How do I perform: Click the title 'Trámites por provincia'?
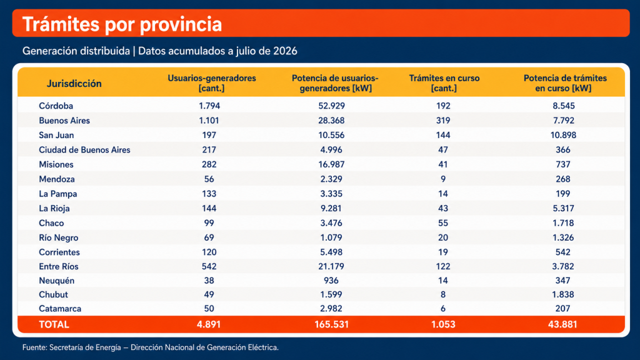(x=122, y=24)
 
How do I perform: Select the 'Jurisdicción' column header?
(x=74, y=83)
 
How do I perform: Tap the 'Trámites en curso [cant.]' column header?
(x=444, y=83)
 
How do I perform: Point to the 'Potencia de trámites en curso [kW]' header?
(x=565, y=83)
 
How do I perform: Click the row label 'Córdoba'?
(x=56, y=106)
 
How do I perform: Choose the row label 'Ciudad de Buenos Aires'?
(x=84, y=150)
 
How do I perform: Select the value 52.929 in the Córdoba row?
(x=331, y=106)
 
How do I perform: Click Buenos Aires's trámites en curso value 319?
(x=443, y=121)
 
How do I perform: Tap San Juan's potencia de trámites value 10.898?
(x=563, y=135)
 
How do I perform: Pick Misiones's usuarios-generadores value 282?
(x=209, y=164)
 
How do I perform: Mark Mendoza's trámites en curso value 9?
(x=443, y=179)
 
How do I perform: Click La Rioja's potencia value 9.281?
(x=331, y=209)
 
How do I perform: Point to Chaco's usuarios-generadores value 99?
(x=209, y=223)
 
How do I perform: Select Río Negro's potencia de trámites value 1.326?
(x=563, y=237)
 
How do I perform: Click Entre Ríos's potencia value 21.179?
(x=331, y=266)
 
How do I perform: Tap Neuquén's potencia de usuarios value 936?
(x=331, y=281)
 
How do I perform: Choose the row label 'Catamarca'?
(x=60, y=309)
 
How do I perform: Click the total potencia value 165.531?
(x=331, y=324)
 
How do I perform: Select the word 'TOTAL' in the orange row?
(x=54, y=324)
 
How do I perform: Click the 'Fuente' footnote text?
(x=151, y=347)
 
